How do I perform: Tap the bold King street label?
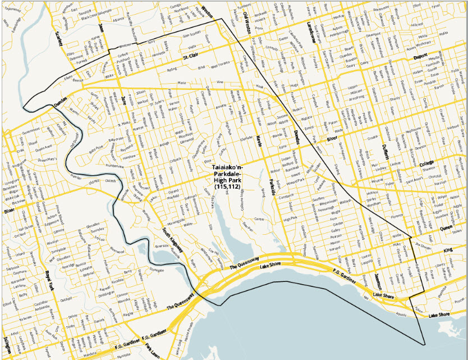tap(447, 249)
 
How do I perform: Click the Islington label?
tap(7, 343)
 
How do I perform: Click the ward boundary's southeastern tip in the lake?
tap(426, 344)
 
